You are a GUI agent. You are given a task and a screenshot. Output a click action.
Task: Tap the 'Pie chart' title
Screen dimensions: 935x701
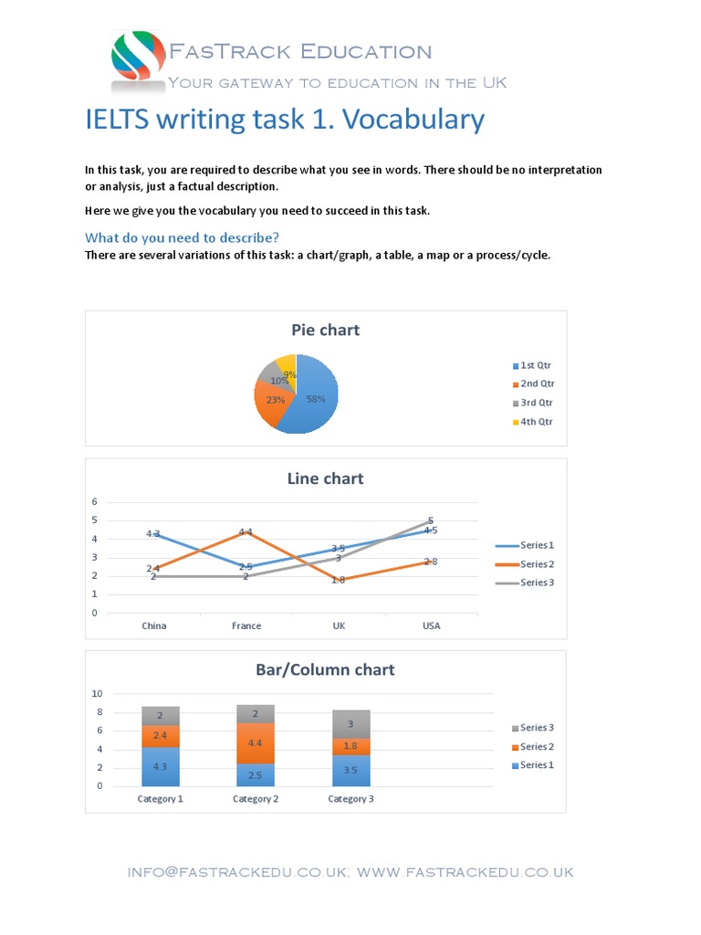[325, 330]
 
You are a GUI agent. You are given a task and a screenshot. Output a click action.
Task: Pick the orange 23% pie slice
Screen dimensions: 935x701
[273, 401]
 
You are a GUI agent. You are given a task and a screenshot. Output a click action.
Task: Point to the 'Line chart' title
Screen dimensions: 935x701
[325, 478]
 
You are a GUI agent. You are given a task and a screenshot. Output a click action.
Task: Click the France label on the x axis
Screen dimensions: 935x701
[246, 625]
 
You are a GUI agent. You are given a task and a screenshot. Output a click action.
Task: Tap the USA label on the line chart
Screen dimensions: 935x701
[431, 625]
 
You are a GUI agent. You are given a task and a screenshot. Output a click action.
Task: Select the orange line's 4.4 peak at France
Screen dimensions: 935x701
[246, 531]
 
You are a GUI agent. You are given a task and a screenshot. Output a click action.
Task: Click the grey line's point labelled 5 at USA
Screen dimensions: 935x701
[431, 520]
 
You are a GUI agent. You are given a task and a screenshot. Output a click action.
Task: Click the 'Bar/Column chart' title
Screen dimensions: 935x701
[325, 669]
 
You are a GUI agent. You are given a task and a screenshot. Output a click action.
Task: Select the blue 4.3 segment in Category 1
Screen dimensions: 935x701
[161, 767]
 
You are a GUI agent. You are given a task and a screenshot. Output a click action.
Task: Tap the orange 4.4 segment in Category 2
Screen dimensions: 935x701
[256, 743]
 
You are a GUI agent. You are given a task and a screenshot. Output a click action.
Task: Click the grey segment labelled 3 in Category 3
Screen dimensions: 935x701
[350, 724]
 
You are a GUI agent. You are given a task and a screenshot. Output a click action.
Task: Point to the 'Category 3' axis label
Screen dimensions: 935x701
[350, 799]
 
